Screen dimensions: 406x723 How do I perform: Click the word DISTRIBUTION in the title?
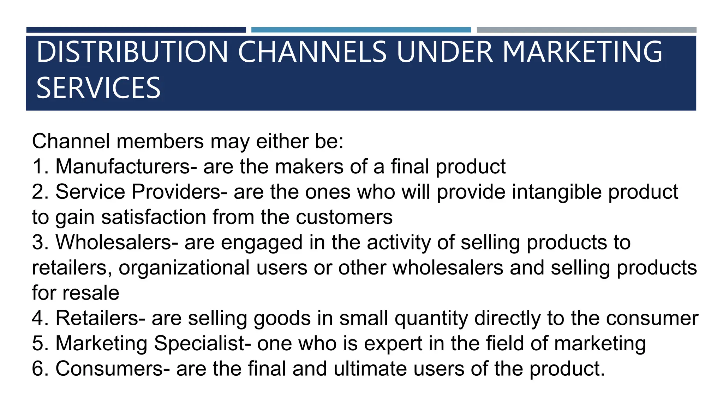pos(132,52)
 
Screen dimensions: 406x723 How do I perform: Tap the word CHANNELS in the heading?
pos(312,52)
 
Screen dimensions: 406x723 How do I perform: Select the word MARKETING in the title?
pos(582,52)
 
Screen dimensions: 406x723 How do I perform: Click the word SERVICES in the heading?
pos(98,88)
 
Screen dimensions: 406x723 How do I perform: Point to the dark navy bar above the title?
pos(136,30)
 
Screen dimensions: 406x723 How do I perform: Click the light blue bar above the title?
pos(361,30)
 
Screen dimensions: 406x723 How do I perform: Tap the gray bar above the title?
pos(586,30)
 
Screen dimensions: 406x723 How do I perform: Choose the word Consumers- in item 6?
pos(113,369)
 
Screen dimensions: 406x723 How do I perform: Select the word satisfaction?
pos(154,217)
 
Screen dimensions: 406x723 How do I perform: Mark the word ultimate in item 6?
pos(370,369)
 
